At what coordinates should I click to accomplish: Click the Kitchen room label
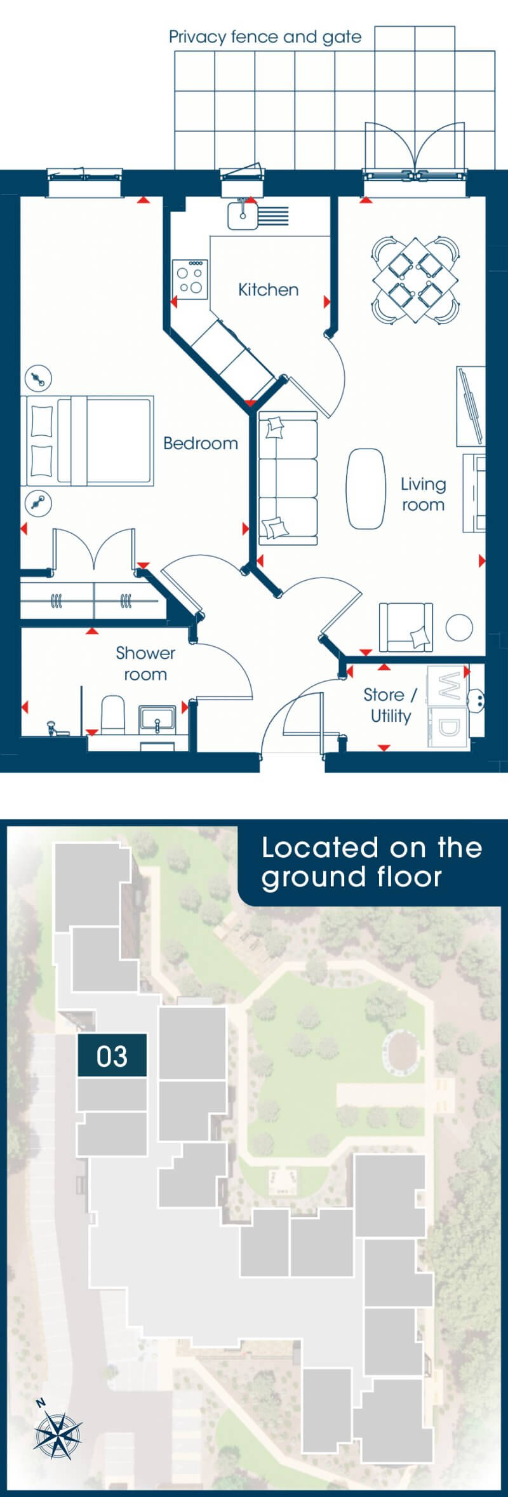268,290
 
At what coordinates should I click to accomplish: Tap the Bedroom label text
201,443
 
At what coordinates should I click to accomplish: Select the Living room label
423,494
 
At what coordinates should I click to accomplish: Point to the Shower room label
145,663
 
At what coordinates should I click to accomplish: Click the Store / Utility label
391,705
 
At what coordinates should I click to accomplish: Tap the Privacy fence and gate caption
265,37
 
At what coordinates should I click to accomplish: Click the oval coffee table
366,489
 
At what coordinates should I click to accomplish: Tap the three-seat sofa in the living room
288,478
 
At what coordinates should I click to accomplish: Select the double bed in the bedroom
88,441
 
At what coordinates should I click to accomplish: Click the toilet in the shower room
113,715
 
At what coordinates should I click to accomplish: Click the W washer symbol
448,686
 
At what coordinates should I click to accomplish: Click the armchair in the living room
406,628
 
